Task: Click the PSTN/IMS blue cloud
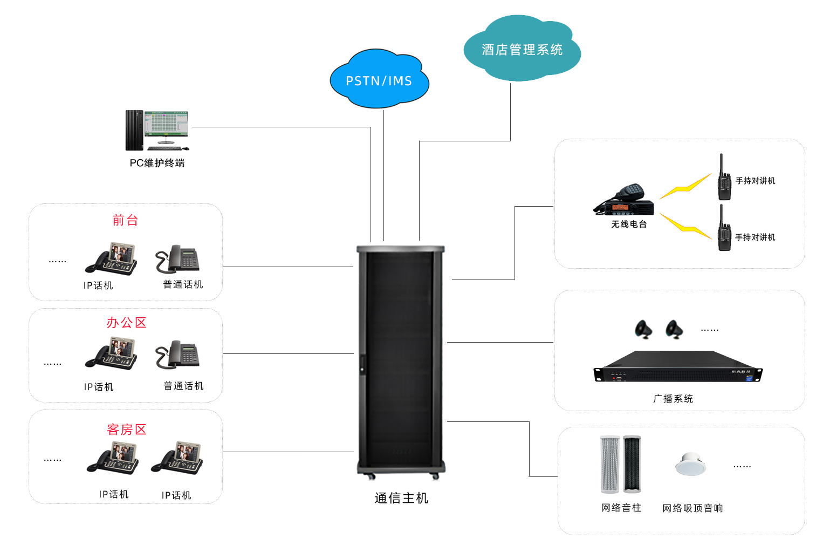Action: (x=379, y=80)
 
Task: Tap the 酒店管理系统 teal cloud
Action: (x=522, y=50)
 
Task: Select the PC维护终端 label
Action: (x=157, y=163)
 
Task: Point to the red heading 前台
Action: (x=125, y=220)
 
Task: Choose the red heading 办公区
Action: (x=126, y=323)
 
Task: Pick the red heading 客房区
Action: (x=127, y=430)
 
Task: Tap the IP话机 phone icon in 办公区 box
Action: (x=112, y=354)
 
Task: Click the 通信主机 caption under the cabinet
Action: (x=401, y=498)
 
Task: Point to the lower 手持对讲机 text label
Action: (x=755, y=237)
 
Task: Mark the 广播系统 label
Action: (x=673, y=399)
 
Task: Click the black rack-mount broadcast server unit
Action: (x=678, y=368)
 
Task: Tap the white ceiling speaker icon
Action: (x=690, y=464)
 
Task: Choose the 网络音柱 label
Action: (x=621, y=508)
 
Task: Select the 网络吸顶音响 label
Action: (x=692, y=508)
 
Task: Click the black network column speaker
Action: (x=632, y=464)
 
